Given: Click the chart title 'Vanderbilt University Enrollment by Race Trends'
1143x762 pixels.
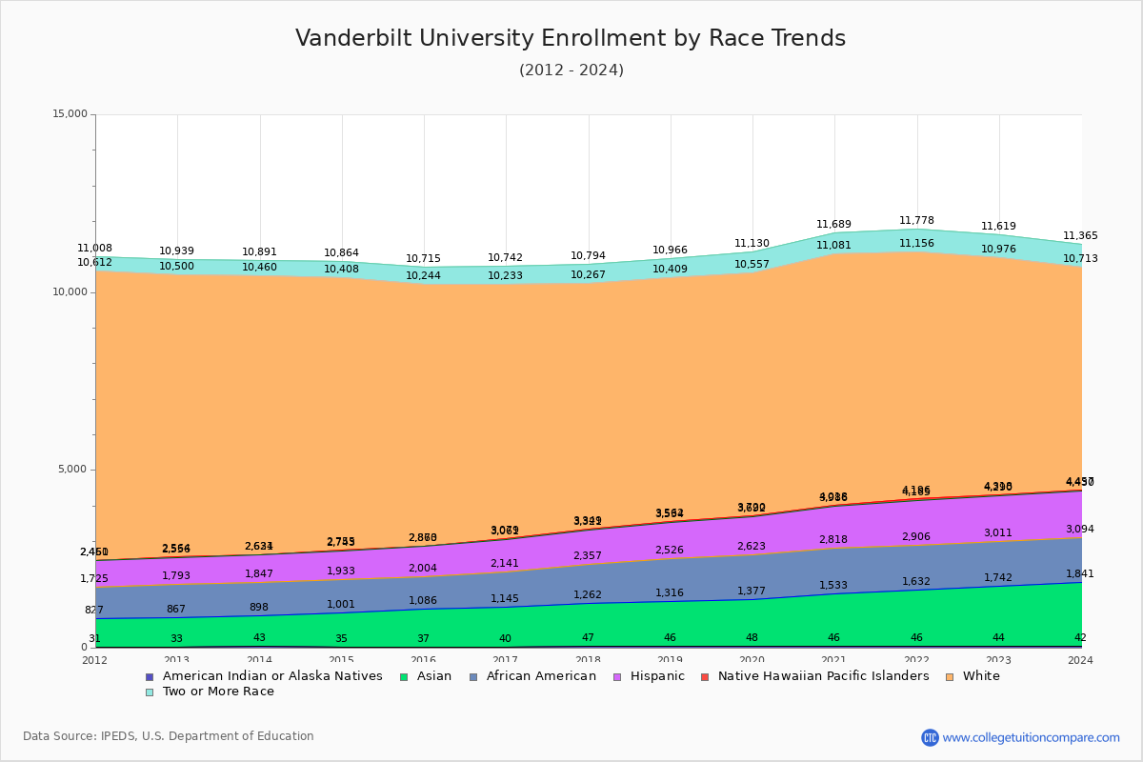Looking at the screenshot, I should (571, 38).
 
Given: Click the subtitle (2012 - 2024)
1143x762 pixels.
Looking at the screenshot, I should (571, 70).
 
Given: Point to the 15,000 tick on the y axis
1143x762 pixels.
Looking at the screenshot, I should (70, 114).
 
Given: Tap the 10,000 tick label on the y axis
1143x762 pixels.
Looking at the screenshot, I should (70, 292).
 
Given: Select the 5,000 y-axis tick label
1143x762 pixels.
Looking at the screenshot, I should (72, 470).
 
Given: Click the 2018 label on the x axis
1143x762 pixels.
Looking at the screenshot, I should (588, 660).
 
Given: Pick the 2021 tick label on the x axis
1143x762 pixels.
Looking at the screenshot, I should (833, 660).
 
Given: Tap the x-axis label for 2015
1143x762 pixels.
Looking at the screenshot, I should (341, 660).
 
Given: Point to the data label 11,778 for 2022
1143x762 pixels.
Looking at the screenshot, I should (915, 221).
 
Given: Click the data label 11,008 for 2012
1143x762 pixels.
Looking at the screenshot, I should (95, 249).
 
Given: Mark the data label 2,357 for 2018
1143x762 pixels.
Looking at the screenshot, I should (588, 556).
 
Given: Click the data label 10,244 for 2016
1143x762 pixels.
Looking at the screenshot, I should (423, 276).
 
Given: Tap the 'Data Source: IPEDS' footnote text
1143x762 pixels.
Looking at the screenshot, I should (169, 736).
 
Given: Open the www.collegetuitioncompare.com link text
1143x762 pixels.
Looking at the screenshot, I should (1031, 737).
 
